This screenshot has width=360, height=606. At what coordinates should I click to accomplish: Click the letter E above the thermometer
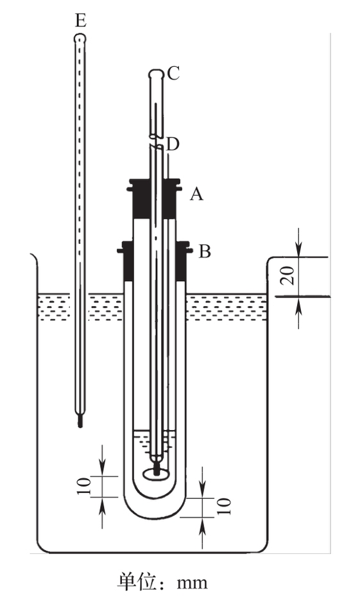tap(80, 21)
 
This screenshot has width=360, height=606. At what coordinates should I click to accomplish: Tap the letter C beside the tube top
tap(173, 73)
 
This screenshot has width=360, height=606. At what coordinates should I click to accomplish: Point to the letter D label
tap(173, 144)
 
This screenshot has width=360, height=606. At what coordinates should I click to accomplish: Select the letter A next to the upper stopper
tap(196, 194)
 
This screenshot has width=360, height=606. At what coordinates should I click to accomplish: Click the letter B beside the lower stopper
tap(205, 251)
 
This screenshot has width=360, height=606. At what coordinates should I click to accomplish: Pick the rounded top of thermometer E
tap(80, 39)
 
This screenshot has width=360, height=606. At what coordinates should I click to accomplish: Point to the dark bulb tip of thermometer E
tap(80, 421)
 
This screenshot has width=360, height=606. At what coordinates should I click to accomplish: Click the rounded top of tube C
tap(156, 73)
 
